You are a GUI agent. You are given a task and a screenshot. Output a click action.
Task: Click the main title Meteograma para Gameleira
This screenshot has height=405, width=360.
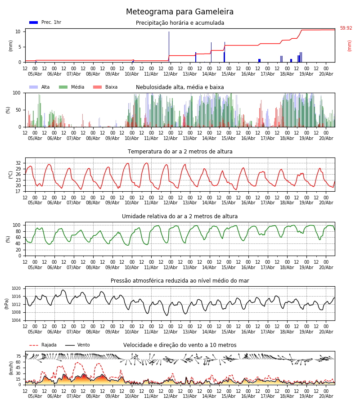(x=180, y=12)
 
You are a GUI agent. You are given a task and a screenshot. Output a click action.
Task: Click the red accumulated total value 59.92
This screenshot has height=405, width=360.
(x=346, y=28)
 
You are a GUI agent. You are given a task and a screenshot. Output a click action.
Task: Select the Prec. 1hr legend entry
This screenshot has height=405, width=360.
(x=45, y=22)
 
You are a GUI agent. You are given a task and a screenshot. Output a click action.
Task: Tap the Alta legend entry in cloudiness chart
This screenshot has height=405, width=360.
(x=39, y=87)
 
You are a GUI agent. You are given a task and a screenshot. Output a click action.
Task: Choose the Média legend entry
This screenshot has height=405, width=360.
(x=72, y=87)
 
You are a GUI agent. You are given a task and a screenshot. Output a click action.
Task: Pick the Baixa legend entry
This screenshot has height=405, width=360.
(x=105, y=87)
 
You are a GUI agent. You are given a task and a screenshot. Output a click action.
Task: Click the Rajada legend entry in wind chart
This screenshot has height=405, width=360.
(x=43, y=345)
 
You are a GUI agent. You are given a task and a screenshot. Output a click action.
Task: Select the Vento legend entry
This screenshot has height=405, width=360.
(x=77, y=345)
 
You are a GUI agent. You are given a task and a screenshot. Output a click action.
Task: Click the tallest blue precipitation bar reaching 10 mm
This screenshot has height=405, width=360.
(x=169, y=47)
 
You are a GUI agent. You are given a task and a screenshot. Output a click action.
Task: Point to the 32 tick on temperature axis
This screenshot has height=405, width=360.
(x=18, y=163)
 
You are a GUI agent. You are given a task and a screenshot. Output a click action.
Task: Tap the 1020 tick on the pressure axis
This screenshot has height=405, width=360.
(x=16, y=288)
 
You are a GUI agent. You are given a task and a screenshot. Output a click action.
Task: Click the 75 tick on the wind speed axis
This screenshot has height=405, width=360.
(x=18, y=356)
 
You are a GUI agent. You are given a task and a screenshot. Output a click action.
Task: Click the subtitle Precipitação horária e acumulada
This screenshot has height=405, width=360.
(x=180, y=23)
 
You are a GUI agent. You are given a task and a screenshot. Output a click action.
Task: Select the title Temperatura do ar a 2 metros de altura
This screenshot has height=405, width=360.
(x=180, y=152)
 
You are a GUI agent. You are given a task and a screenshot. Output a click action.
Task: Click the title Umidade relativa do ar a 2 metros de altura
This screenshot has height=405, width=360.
(x=180, y=216)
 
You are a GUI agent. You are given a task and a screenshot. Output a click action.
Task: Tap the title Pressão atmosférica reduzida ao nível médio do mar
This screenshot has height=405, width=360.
(x=180, y=280)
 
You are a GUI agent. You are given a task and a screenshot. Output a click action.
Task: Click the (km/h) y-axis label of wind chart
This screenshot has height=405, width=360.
(x=11, y=368)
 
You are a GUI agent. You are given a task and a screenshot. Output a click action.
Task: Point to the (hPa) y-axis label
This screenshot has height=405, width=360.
(x=7, y=304)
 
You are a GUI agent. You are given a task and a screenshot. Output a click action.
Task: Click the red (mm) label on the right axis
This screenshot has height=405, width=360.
(x=349, y=46)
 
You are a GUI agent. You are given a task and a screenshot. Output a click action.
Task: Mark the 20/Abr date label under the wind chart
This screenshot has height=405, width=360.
(x=326, y=396)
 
